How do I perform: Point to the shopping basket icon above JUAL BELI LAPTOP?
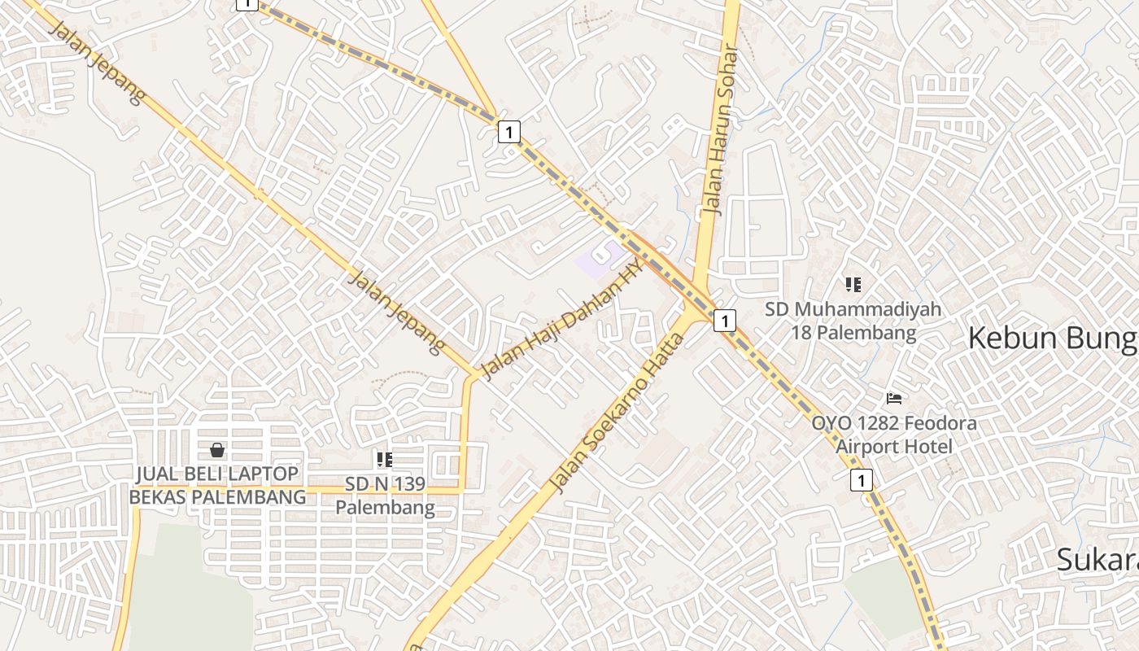(217, 450)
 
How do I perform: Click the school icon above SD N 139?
(385, 460)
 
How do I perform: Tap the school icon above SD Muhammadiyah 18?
(853, 285)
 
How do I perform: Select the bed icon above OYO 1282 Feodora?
(894, 399)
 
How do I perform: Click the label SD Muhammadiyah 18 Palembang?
(853, 321)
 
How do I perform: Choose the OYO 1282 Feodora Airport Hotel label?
(893, 435)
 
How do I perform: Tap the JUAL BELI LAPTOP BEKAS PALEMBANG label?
(217, 485)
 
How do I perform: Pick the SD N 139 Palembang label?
(385, 496)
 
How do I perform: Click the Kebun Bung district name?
(1051, 339)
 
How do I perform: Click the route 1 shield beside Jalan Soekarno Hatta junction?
(724, 321)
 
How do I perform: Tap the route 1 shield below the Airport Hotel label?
(861, 480)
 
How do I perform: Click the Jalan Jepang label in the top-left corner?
(98, 63)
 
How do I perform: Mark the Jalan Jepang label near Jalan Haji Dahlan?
(396, 312)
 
